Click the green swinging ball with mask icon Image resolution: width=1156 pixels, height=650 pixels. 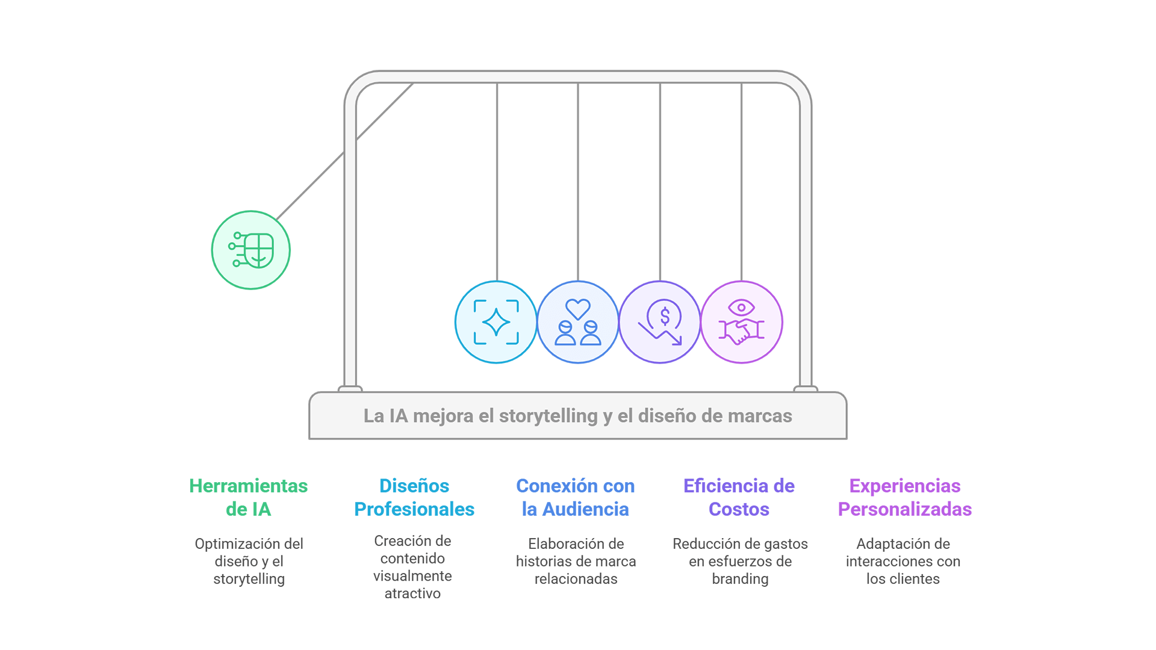tap(250, 250)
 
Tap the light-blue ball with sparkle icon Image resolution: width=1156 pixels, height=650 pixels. tap(496, 322)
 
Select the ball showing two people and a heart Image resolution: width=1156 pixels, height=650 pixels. tap(577, 322)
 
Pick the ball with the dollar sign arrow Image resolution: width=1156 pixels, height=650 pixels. tap(660, 322)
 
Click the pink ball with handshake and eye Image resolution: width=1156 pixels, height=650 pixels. tap(742, 322)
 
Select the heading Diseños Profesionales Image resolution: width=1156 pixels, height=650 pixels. tap(414, 497)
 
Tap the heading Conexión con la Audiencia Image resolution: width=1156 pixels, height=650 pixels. tap(576, 497)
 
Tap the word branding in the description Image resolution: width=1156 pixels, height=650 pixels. tap(740, 579)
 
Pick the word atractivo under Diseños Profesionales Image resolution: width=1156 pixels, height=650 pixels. tap(412, 593)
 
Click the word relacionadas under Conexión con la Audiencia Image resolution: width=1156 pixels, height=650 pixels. tap(576, 579)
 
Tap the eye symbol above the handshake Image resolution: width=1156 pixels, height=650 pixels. tap(741, 308)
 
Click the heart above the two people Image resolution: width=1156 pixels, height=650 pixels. tap(577, 309)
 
